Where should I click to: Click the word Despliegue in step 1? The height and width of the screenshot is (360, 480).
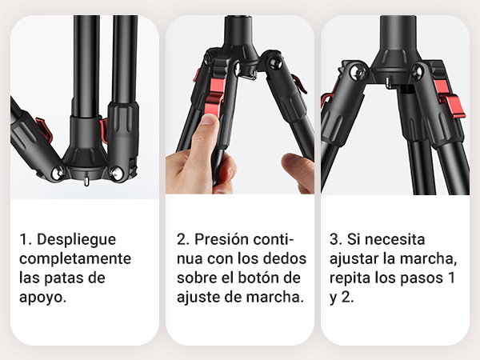(x=77, y=240)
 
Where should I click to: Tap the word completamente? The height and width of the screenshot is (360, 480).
(x=75, y=258)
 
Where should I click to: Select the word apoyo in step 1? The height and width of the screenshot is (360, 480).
(x=41, y=298)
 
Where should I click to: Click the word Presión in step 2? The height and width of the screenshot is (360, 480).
(x=222, y=239)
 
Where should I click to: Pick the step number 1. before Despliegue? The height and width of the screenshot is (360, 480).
(x=26, y=239)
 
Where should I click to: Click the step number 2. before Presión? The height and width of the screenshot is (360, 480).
(x=183, y=239)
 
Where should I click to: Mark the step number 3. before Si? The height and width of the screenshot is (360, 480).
(x=336, y=239)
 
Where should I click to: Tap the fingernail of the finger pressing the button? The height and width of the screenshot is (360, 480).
(x=209, y=119)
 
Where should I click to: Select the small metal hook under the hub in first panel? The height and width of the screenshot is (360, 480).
(x=86, y=181)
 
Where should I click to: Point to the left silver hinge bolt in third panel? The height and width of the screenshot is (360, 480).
(x=358, y=73)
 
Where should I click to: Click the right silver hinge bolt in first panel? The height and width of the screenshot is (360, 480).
(x=116, y=173)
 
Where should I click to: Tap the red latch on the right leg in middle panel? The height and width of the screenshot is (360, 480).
(x=299, y=84)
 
